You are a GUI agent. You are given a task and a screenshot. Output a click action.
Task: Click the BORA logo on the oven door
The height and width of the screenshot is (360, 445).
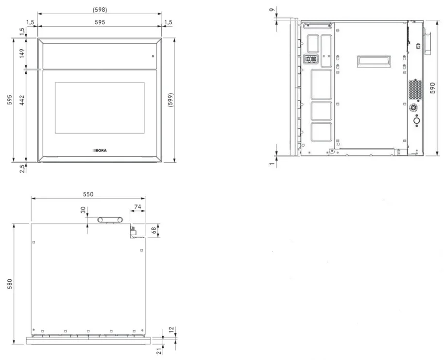[x=100, y=151]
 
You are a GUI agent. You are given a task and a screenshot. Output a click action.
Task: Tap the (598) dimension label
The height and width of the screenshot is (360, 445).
[x=100, y=10]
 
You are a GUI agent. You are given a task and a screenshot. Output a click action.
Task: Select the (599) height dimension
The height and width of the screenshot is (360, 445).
[x=171, y=100]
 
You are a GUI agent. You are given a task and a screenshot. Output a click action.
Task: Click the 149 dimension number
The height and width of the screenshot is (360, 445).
[x=22, y=53]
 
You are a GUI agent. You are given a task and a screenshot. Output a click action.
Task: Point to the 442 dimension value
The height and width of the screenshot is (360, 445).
[x=22, y=100]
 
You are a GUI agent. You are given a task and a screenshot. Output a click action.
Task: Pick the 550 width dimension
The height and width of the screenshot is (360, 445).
[x=88, y=194]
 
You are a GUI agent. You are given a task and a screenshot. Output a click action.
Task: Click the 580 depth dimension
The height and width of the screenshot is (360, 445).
[x=10, y=284]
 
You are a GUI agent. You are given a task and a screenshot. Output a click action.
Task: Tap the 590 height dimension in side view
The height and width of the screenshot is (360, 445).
[x=432, y=88]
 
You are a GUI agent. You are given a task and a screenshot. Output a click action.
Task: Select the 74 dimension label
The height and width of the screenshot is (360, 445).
[x=137, y=206]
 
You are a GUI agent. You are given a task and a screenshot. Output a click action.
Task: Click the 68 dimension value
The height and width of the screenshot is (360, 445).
[x=154, y=230]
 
